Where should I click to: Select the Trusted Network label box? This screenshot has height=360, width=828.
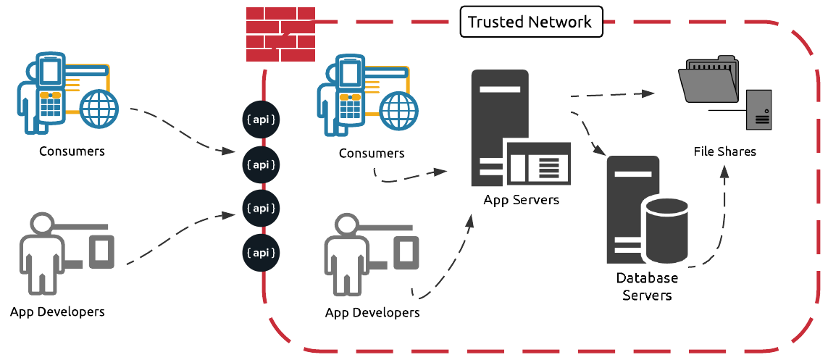pos(530,22)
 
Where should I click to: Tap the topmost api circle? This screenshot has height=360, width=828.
pos(262,119)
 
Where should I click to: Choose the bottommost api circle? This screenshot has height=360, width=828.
pos(262,254)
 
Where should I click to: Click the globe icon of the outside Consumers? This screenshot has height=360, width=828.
pos(99,109)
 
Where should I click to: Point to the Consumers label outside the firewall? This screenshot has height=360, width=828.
pos(72,151)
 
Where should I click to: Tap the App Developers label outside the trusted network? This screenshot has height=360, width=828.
pos(57,311)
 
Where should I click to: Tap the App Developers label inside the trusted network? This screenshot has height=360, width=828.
pos(372,313)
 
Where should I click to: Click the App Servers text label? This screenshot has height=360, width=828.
pos(522,199)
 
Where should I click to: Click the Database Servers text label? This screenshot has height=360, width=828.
pos(647,286)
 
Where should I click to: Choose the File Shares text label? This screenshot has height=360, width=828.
pos(724,151)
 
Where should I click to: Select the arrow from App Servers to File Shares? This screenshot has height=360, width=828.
pos(612,94)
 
